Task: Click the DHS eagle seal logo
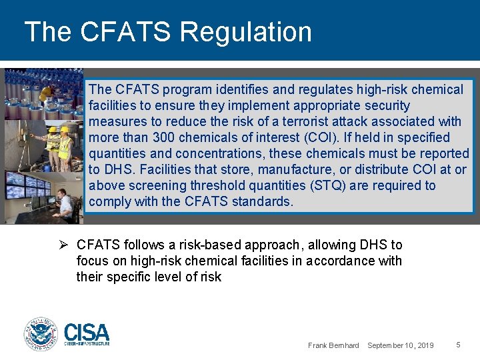point(41,333)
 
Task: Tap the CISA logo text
point(87,332)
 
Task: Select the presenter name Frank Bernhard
point(333,345)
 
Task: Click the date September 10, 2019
point(400,345)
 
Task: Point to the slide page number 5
point(458,345)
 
